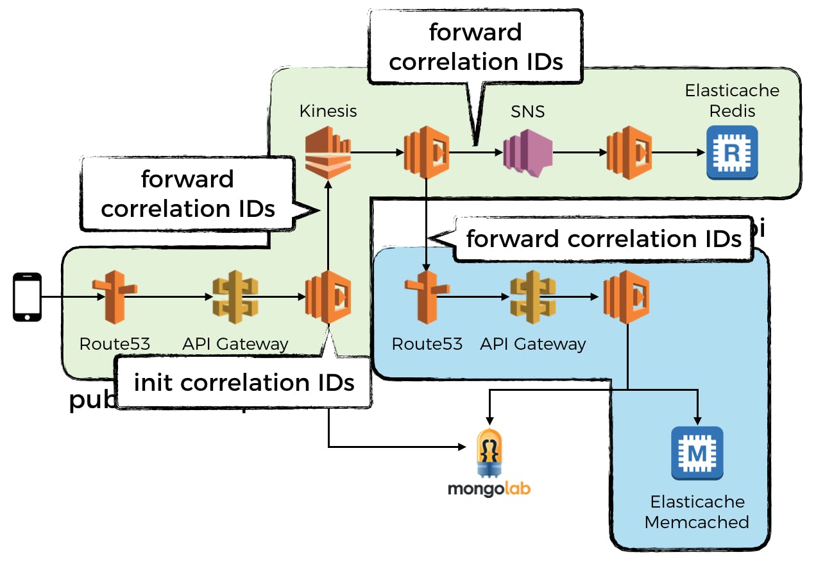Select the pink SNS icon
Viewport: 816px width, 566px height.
coord(527,153)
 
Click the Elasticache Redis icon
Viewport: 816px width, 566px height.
coord(731,153)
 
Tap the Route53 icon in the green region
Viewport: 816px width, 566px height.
coord(114,297)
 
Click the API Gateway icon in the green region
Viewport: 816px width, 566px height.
coord(235,297)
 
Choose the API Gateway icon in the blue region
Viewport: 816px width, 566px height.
coord(532,297)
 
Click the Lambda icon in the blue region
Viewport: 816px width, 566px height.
coord(626,297)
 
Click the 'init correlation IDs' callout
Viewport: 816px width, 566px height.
coord(244,383)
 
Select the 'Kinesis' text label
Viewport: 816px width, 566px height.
coord(328,111)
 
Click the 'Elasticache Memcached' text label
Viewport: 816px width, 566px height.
coord(697,511)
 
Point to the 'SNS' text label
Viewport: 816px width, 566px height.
coord(527,111)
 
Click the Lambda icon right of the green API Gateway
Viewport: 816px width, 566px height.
coord(328,297)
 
